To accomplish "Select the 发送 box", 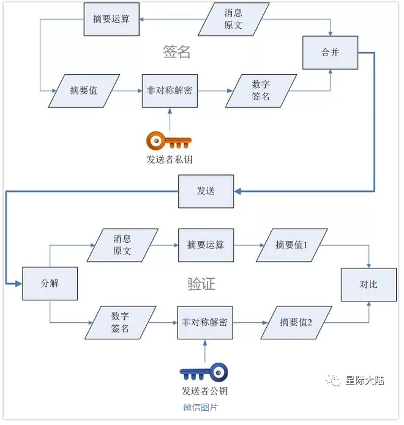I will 206,191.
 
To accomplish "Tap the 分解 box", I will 50,284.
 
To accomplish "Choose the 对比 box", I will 368,284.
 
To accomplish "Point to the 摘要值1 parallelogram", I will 291,245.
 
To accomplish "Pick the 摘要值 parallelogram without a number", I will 84,91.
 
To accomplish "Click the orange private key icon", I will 169,142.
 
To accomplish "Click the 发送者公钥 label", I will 204,391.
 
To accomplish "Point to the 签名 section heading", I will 177,52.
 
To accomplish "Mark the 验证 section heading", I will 201,284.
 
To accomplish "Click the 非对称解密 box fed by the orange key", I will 170,91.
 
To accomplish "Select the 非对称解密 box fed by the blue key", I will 205,322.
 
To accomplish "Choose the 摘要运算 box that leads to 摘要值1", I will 206,245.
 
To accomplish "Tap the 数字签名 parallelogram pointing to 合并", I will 261,91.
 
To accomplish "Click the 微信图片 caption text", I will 200,407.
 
